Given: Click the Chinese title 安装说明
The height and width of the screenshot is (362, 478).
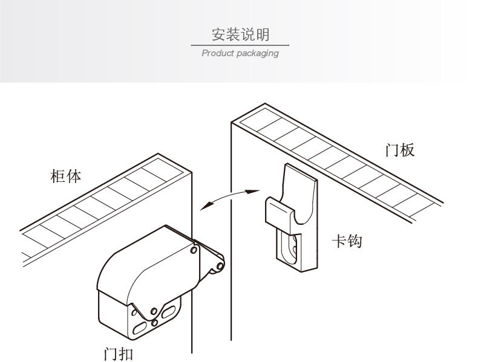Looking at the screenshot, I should [240, 34].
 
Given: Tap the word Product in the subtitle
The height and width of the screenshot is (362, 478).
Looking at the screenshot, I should [217, 53].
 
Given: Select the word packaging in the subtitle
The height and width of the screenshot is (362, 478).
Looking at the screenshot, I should [258, 54].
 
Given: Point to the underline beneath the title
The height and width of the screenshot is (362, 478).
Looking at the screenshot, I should [240, 45].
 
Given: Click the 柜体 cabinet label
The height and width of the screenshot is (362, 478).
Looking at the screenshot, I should [65, 177].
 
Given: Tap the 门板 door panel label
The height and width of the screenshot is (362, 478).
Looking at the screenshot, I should [400, 150].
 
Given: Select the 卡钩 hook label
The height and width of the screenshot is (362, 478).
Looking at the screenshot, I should [347, 241].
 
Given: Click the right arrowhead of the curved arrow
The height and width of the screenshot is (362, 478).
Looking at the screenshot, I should [253, 191].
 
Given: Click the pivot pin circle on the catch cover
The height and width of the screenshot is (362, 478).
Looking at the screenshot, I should [193, 249].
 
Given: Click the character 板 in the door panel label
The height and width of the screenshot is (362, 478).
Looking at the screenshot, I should [408, 150].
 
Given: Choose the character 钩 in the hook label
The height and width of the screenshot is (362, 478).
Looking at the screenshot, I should [355, 241].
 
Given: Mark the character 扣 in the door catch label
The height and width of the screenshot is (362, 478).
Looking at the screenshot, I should [126, 352].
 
